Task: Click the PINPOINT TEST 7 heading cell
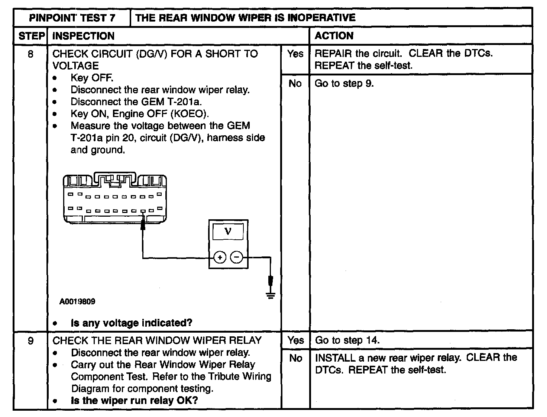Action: pos(72,18)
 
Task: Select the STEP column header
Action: pos(31,36)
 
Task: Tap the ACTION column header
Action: pos(334,36)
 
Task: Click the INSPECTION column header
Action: pos(84,36)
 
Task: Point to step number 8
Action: pos(30,54)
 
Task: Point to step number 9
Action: pos(30,341)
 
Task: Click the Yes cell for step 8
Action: pos(295,54)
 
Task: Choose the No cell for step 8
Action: pos(295,84)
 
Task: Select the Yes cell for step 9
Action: pos(295,340)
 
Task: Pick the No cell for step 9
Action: pos(295,358)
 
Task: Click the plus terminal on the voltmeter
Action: pos(220,257)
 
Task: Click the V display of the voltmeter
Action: pos(228,232)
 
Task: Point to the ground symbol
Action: pos(271,295)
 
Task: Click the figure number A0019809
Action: pos(77,301)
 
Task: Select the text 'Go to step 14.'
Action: pos(347,340)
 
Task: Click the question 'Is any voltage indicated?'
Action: pos(132,323)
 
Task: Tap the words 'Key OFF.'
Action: pos(92,78)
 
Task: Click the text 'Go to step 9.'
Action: pos(344,84)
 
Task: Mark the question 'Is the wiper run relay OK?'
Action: pos(135,401)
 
